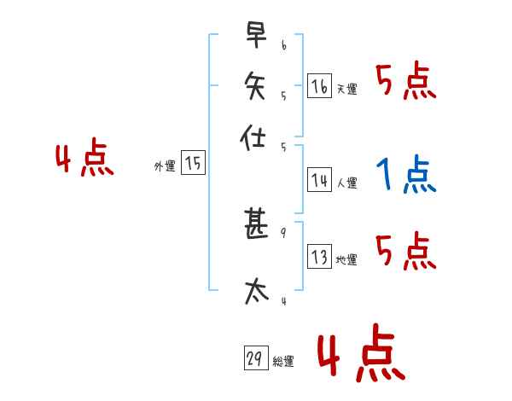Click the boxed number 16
(319, 85)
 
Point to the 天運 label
(346, 89)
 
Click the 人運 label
(346, 183)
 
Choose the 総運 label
(283, 362)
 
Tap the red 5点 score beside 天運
(406, 83)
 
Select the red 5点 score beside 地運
(406, 252)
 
